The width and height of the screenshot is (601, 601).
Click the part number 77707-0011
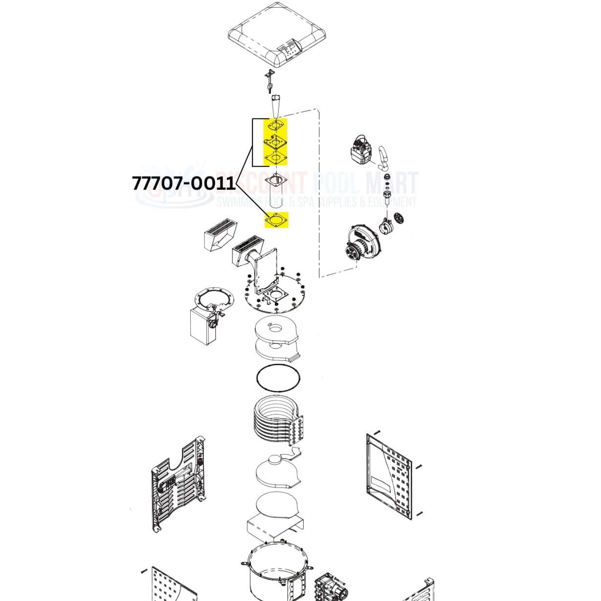pyautogui.click(x=184, y=183)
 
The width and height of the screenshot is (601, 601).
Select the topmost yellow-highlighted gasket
pyautogui.click(x=276, y=126)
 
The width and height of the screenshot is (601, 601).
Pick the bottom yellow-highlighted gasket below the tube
pyautogui.click(x=276, y=220)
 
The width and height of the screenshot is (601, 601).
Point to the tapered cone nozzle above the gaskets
pyautogui.click(x=276, y=107)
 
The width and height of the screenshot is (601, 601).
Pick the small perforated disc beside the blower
pyautogui.click(x=398, y=218)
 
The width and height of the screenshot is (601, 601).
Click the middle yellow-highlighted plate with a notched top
pyautogui.click(x=276, y=142)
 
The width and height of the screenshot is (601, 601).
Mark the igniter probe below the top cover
pyautogui.click(x=268, y=81)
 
